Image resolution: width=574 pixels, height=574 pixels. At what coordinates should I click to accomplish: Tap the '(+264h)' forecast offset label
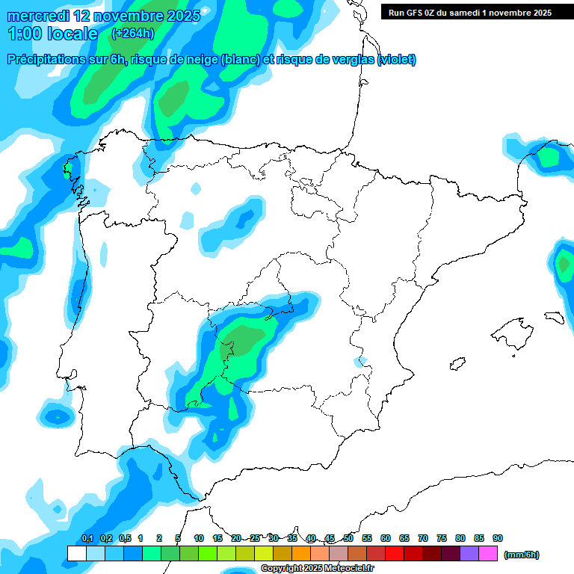click(x=132, y=33)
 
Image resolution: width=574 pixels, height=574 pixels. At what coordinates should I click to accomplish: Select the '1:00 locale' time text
click(x=52, y=34)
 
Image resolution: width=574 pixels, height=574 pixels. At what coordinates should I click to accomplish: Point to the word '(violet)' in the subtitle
click(x=397, y=60)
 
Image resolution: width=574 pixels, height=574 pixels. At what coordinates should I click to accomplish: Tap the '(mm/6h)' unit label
click(x=521, y=555)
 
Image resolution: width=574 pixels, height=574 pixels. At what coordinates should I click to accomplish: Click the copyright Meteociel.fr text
click(x=317, y=569)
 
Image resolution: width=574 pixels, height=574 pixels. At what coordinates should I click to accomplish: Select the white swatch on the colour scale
click(x=76, y=553)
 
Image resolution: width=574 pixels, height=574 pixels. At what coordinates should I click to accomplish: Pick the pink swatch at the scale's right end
click(x=488, y=553)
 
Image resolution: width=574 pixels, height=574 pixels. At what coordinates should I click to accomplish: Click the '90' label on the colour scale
click(x=498, y=538)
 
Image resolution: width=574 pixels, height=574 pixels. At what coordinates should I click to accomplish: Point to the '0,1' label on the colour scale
click(x=87, y=538)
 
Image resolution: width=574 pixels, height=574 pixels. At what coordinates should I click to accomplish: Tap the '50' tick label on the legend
click(x=348, y=538)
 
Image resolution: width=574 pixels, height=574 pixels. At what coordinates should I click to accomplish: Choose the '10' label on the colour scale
click(x=199, y=538)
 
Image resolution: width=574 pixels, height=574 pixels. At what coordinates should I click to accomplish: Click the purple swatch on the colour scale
click(x=469, y=553)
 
